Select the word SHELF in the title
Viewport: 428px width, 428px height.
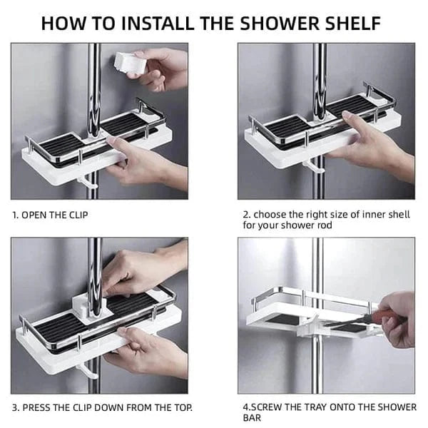350,22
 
